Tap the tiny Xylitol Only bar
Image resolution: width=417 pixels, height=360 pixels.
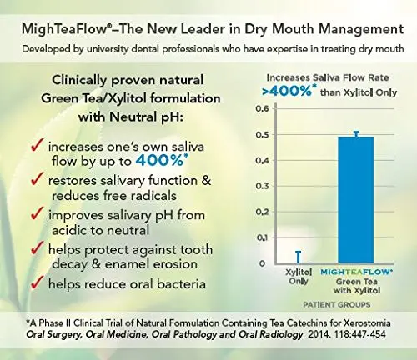(286, 257)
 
